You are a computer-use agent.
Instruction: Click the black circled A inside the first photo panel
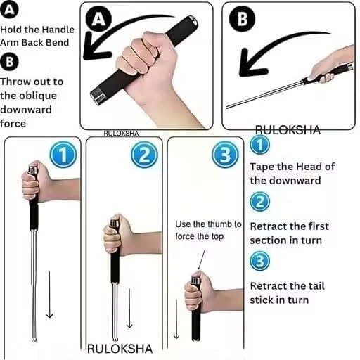click(98, 19)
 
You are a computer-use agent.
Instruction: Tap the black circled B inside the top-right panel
click(242, 19)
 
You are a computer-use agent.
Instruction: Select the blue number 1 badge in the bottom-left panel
click(63, 155)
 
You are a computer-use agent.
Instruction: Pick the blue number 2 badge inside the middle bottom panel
click(144, 155)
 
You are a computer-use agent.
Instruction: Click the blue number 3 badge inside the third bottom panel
click(225, 155)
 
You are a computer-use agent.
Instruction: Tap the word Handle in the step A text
click(58, 30)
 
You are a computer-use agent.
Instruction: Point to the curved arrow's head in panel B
click(250, 63)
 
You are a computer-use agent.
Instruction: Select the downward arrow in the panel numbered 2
click(129, 309)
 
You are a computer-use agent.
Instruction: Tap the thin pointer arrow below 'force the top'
click(202, 259)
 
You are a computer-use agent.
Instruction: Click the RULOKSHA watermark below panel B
click(288, 130)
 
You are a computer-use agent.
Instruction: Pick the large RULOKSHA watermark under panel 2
click(120, 349)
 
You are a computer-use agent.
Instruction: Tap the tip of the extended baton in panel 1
click(34, 339)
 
